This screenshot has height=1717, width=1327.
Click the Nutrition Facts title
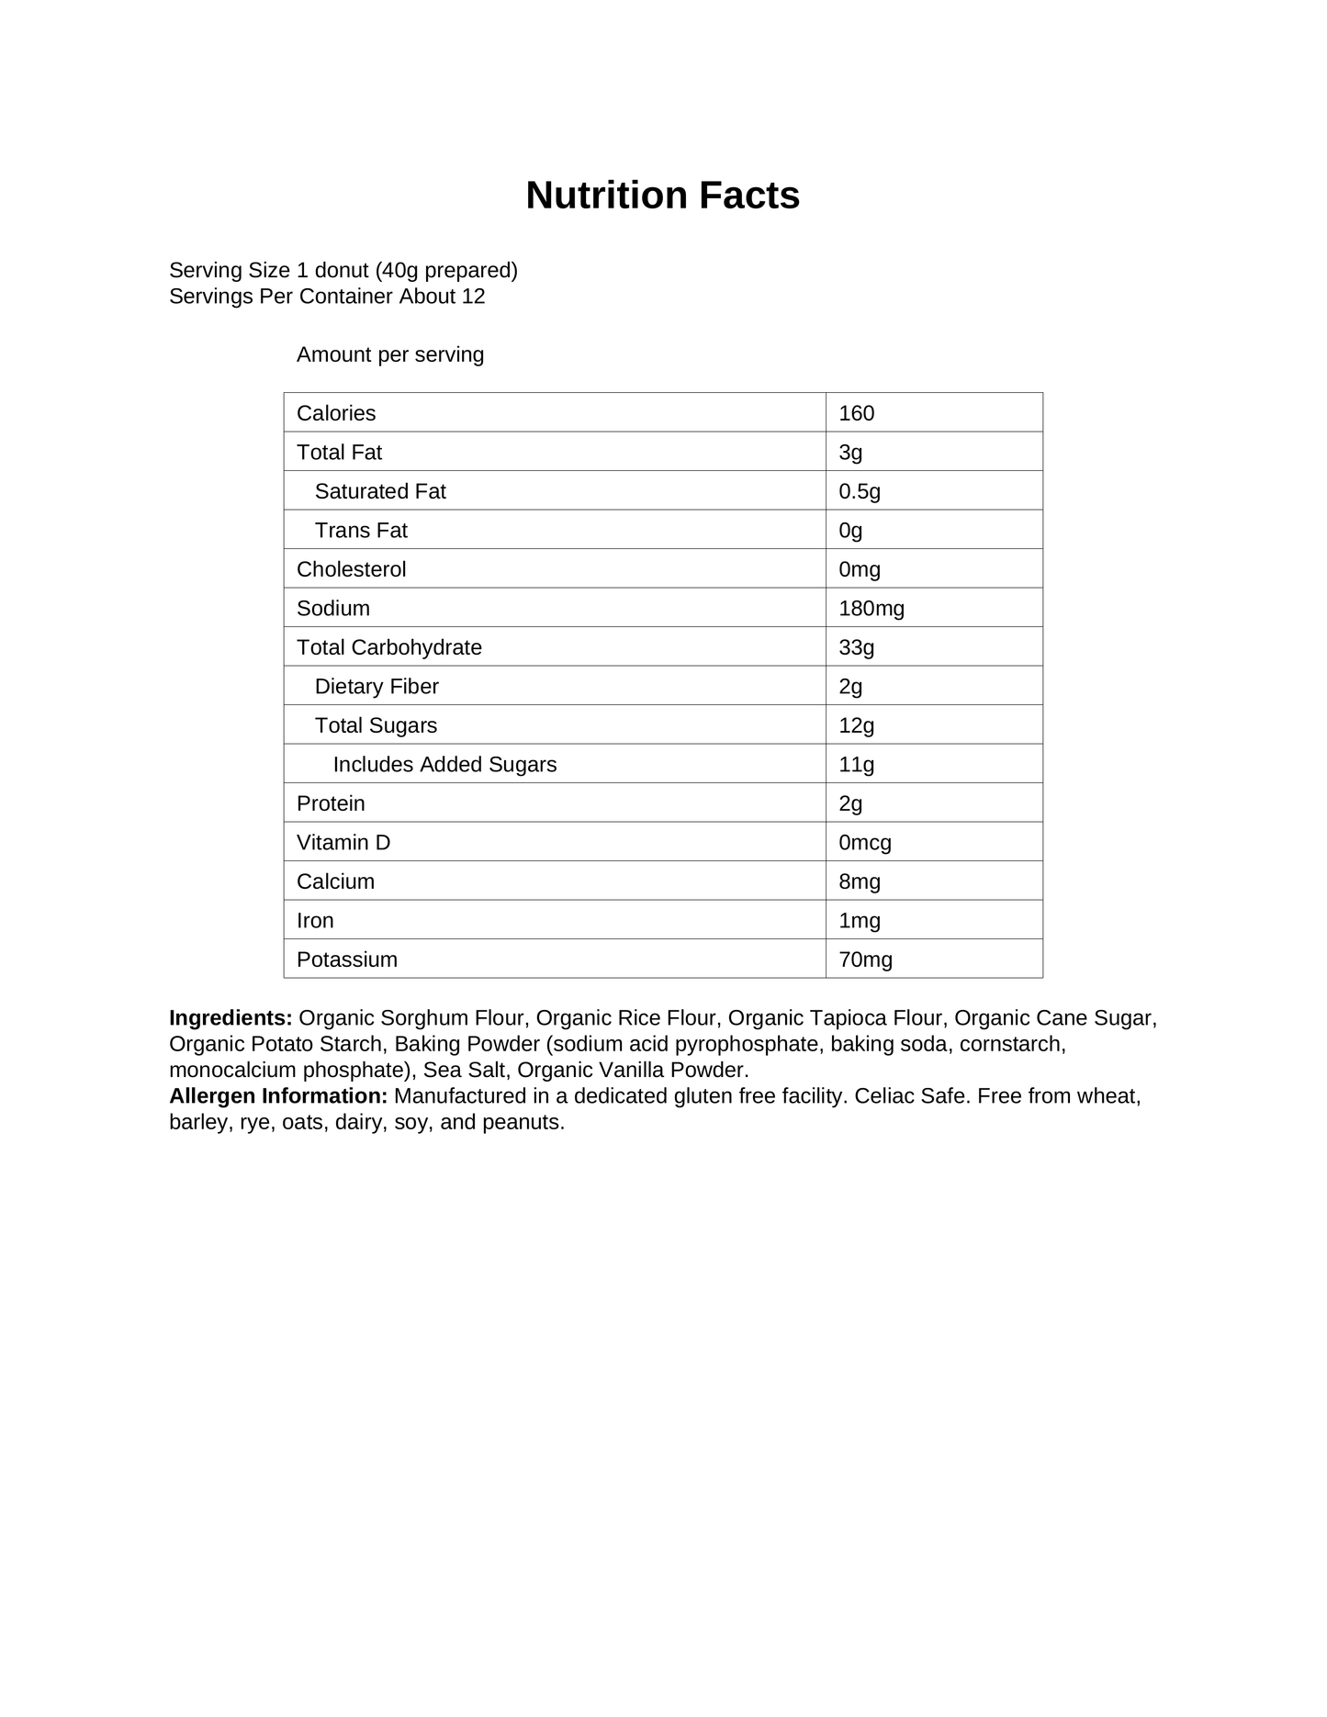pyautogui.click(x=662, y=196)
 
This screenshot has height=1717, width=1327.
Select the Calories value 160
pyautogui.click(x=856, y=413)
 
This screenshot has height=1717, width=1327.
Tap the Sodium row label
pyautogui.click(x=333, y=609)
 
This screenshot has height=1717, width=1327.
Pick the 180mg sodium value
pyautogui.click(x=871, y=609)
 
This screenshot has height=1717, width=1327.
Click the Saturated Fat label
pyautogui.click(x=380, y=491)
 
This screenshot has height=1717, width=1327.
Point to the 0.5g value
pyautogui.click(x=859, y=491)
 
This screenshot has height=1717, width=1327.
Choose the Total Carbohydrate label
pyautogui.click(x=389, y=647)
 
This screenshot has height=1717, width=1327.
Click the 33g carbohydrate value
pyautogui.click(x=856, y=647)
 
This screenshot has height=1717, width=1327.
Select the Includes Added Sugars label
pyautogui.click(x=444, y=765)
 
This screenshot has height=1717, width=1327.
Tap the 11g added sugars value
pyautogui.click(x=856, y=765)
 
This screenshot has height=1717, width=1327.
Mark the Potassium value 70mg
pyautogui.click(x=865, y=959)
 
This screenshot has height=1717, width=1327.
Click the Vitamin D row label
pyautogui.click(x=343, y=843)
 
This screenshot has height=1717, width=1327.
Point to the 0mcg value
pyautogui.click(x=864, y=843)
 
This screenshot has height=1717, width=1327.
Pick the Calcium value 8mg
pyautogui.click(x=859, y=881)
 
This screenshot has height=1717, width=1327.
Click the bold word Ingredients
pyautogui.click(x=231, y=1018)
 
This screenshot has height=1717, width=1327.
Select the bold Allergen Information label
pyautogui.click(x=278, y=1096)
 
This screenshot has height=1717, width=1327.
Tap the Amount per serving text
pyautogui.click(x=390, y=354)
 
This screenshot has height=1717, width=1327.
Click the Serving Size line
pyautogui.click(x=343, y=271)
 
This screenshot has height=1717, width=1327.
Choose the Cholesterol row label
pyautogui.click(x=351, y=569)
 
